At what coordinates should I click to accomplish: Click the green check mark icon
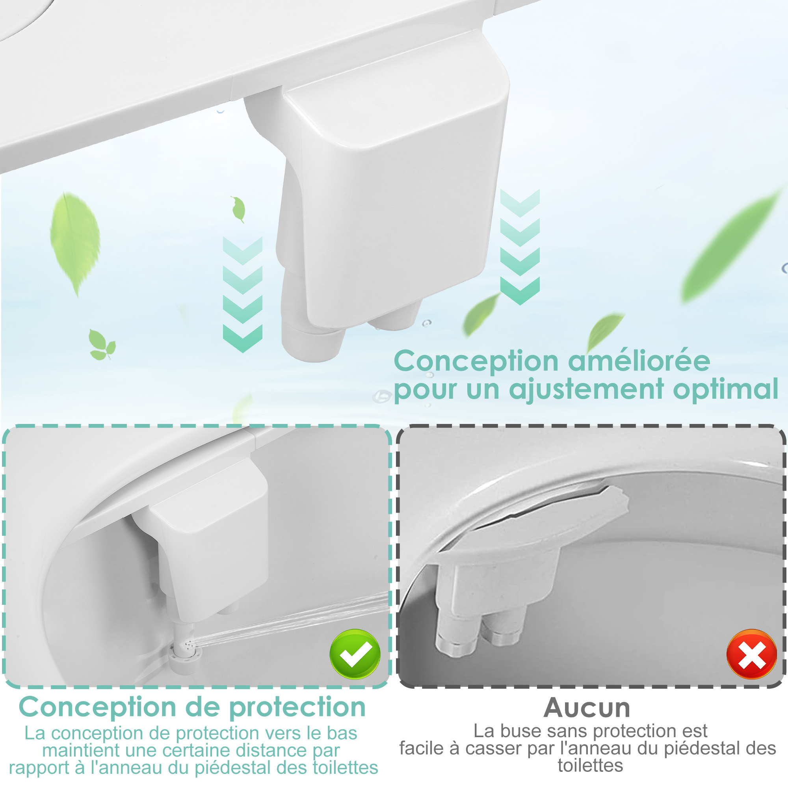pyautogui.click(x=355, y=654)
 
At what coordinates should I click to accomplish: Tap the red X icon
pyautogui.click(x=752, y=654)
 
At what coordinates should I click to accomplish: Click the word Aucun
pyautogui.click(x=587, y=708)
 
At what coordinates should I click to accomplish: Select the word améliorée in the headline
pyautogui.click(x=639, y=361)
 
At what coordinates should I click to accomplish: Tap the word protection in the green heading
pyautogui.click(x=297, y=707)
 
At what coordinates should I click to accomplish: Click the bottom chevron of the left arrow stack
pyautogui.click(x=243, y=338)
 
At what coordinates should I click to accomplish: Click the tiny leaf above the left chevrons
pyautogui.click(x=238, y=209)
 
